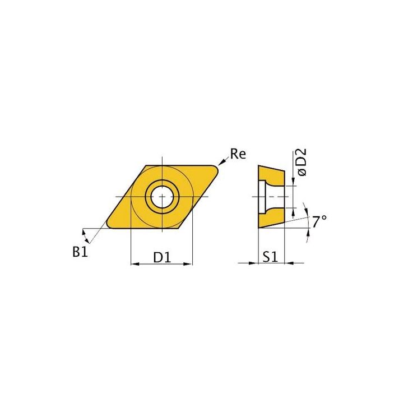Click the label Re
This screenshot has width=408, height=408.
(238, 154)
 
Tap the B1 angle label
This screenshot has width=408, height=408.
(80, 252)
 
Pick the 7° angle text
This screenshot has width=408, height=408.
(319, 221)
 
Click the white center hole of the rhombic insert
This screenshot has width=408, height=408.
(161, 197)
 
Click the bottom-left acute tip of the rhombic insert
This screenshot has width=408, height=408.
(106, 226)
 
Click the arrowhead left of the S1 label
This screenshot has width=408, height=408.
(254, 263)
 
